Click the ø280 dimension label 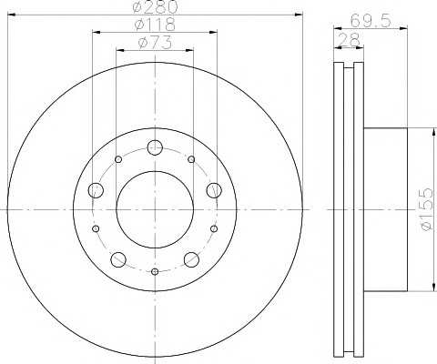pos(155,6)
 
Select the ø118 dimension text pos(155,25)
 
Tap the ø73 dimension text pos(155,43)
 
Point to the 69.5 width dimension pos(371,21)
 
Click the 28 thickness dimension pos(349,39)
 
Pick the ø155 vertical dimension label pos(427,209)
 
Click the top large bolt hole pos(155,147)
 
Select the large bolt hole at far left pos(96,190)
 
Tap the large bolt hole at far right pos(214,190)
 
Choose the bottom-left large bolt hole pos(118,259)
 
